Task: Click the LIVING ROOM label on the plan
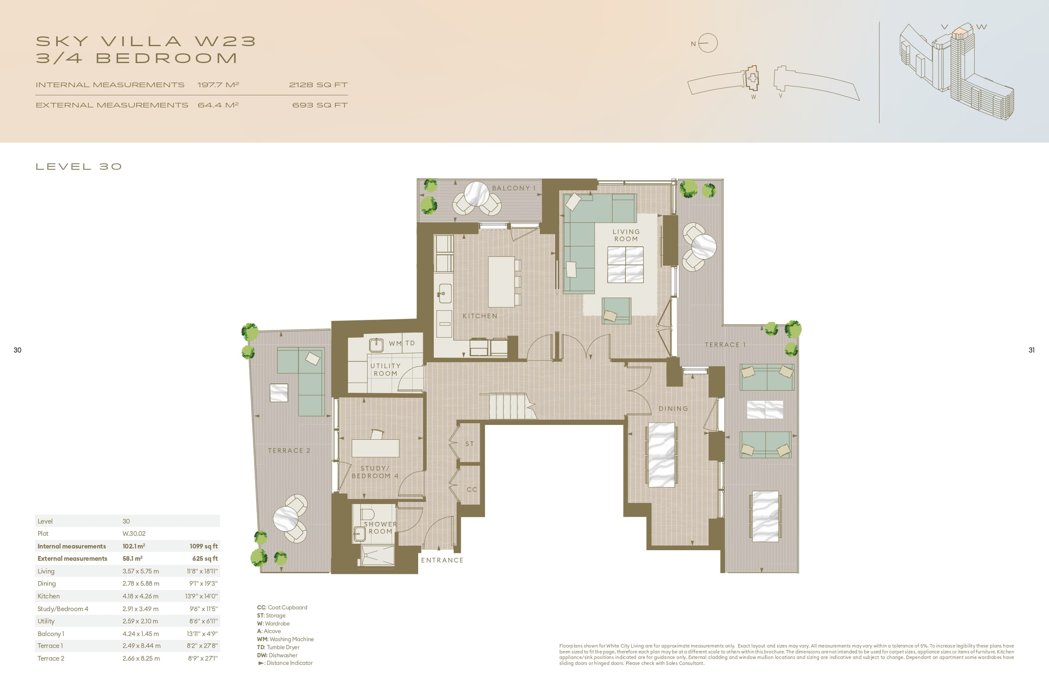tap(626, 235)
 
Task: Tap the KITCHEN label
tap(479, 316)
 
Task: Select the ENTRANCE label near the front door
tap(442, 560)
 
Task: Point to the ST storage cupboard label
tap(470, 444)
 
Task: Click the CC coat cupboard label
tap(472, 489)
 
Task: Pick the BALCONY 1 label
tap(513, 188)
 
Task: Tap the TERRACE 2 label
tap(288, 450)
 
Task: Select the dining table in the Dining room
tap(661, 455)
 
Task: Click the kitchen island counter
tap(501, 281)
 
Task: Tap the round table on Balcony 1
tap(477, 194)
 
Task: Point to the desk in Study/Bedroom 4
tap(375, 448)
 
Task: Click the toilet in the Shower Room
tap(367, 514)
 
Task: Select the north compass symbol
tap(707, 43)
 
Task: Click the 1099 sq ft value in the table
tap(203, 546)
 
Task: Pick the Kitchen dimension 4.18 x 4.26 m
tap(140, 596)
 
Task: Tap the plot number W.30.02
tap(134, 534)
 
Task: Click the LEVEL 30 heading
tap(79, 166)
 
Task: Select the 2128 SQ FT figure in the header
tap(318, 85)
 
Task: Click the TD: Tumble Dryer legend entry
tap(278, 648)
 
